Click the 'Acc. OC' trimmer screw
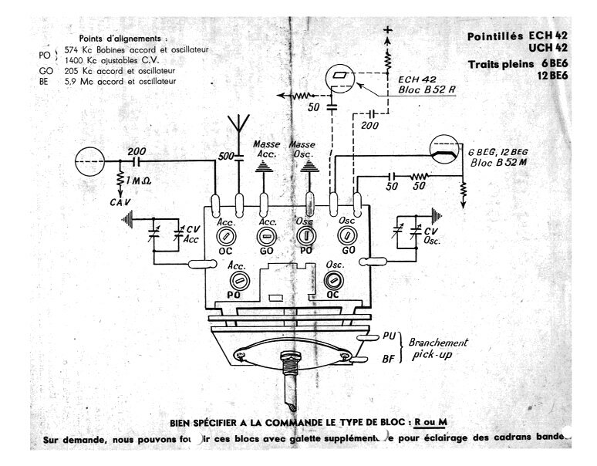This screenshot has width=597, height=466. (226, 237)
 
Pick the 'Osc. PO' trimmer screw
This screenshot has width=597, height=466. (305, 237)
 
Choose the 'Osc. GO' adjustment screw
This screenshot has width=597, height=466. (346, 237)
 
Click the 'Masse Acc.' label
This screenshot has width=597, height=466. (266, 148)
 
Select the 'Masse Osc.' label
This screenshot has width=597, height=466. (303, 148)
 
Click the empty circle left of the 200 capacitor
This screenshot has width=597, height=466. (89, 162)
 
